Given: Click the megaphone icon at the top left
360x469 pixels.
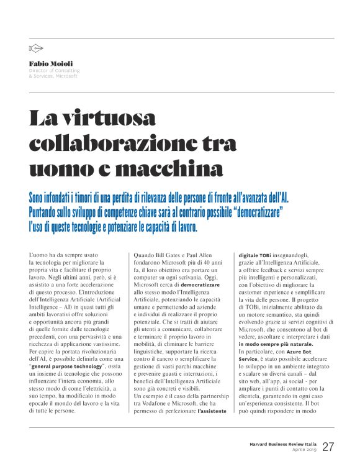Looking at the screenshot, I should (36, 48).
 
